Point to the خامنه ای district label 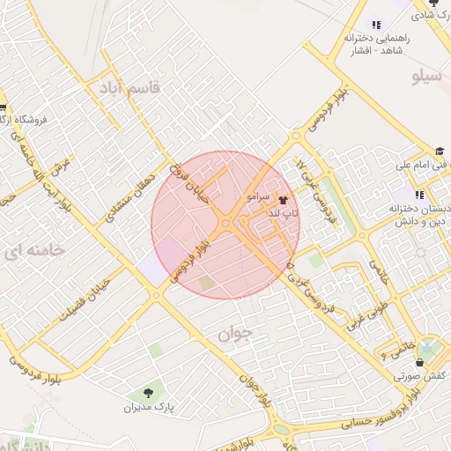[34, 251]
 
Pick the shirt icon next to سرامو [282, 199]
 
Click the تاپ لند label [285, 213]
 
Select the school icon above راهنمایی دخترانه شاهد [376, 26]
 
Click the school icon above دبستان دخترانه [419, 195]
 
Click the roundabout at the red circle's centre [226, 225]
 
